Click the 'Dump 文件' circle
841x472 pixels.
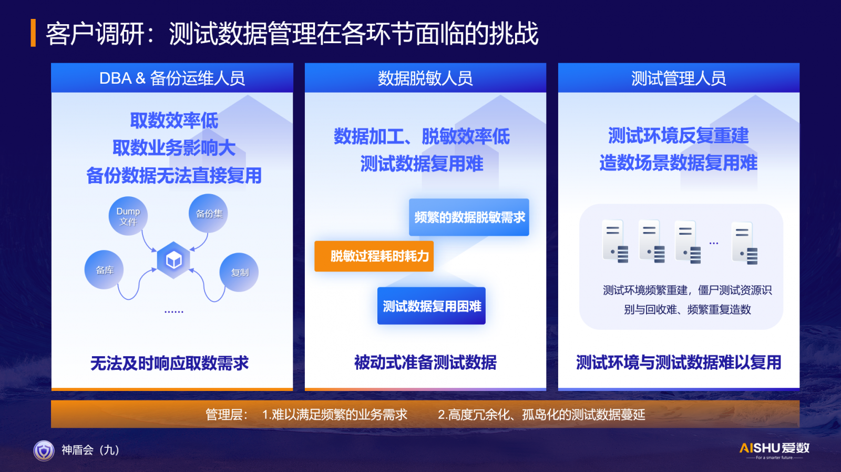tap(128, 216)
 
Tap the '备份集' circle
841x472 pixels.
tap(208, 214)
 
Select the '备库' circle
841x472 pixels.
tap(104, 270)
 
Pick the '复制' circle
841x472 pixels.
tap(239, 273)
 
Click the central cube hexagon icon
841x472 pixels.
tap(173, 260)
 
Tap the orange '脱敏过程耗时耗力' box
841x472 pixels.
tap(374, 256)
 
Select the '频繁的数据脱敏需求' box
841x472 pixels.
tap(469, 217)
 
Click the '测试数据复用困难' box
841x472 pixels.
tap(432, 306)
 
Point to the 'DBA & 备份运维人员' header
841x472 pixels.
tap(172, 78)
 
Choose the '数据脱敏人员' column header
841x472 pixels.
tap(425, 78)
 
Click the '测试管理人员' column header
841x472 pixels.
tap(679, 78)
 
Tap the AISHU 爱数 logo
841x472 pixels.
tap(774, 450)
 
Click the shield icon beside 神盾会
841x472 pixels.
tap(44, 450)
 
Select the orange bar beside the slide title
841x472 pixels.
tap(33, 33)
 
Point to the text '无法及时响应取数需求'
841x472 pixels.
tap(170, 363)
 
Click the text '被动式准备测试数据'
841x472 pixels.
tap(425, 363)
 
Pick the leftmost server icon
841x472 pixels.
tap(615, 241)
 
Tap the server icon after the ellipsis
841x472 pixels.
tap(744, 243)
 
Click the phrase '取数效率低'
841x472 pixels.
tap(174, 120)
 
